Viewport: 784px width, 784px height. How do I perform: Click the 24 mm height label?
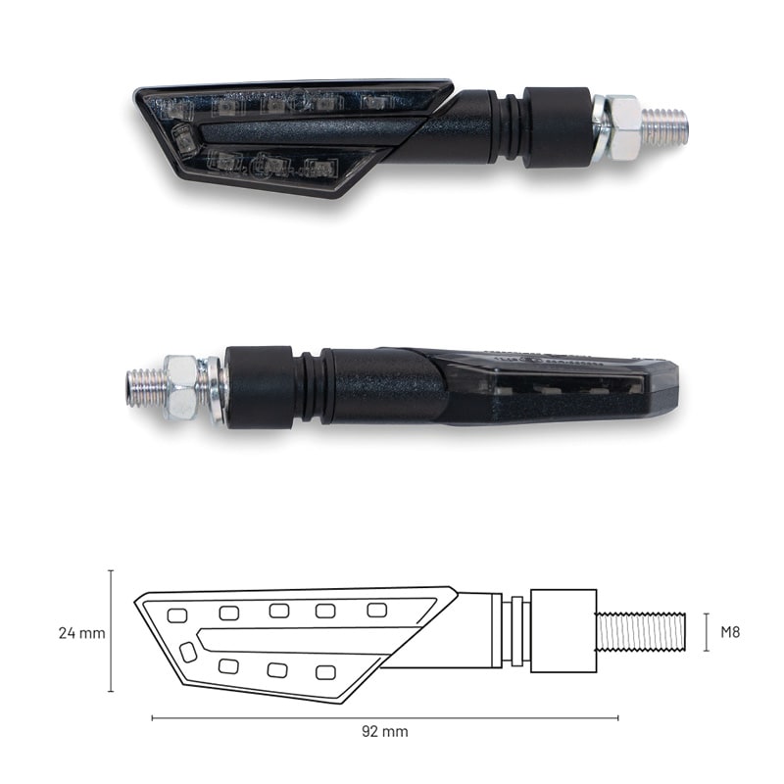click(x=81, y=633)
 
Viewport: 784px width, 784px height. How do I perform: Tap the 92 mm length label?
click(x=385, y=731)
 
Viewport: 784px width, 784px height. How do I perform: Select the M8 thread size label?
click(x=730, y=632)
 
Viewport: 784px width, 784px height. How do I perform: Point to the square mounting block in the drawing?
click(x=563, y=631)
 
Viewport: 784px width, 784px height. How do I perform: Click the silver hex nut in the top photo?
click(x=622, y=127)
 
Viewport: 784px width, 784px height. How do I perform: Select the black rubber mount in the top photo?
click(x=556, y=126)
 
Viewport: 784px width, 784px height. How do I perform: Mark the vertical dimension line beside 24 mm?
click(x=111, y=631)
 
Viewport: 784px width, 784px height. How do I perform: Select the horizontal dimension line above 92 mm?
click(x=385, y=717)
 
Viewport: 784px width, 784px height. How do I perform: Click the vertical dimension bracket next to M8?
click(x=707, y=632)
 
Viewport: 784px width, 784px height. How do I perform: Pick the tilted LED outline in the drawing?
click(x=186, y=651)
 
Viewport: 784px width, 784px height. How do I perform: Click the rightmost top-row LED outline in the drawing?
click(x=376, y=610)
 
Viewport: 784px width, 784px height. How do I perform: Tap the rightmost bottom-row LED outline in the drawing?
click(x=324, y=672)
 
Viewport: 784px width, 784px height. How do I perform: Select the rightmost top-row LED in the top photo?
click(x=372, y=101)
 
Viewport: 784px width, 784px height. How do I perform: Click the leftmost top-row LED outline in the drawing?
click(x=177, y=615)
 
